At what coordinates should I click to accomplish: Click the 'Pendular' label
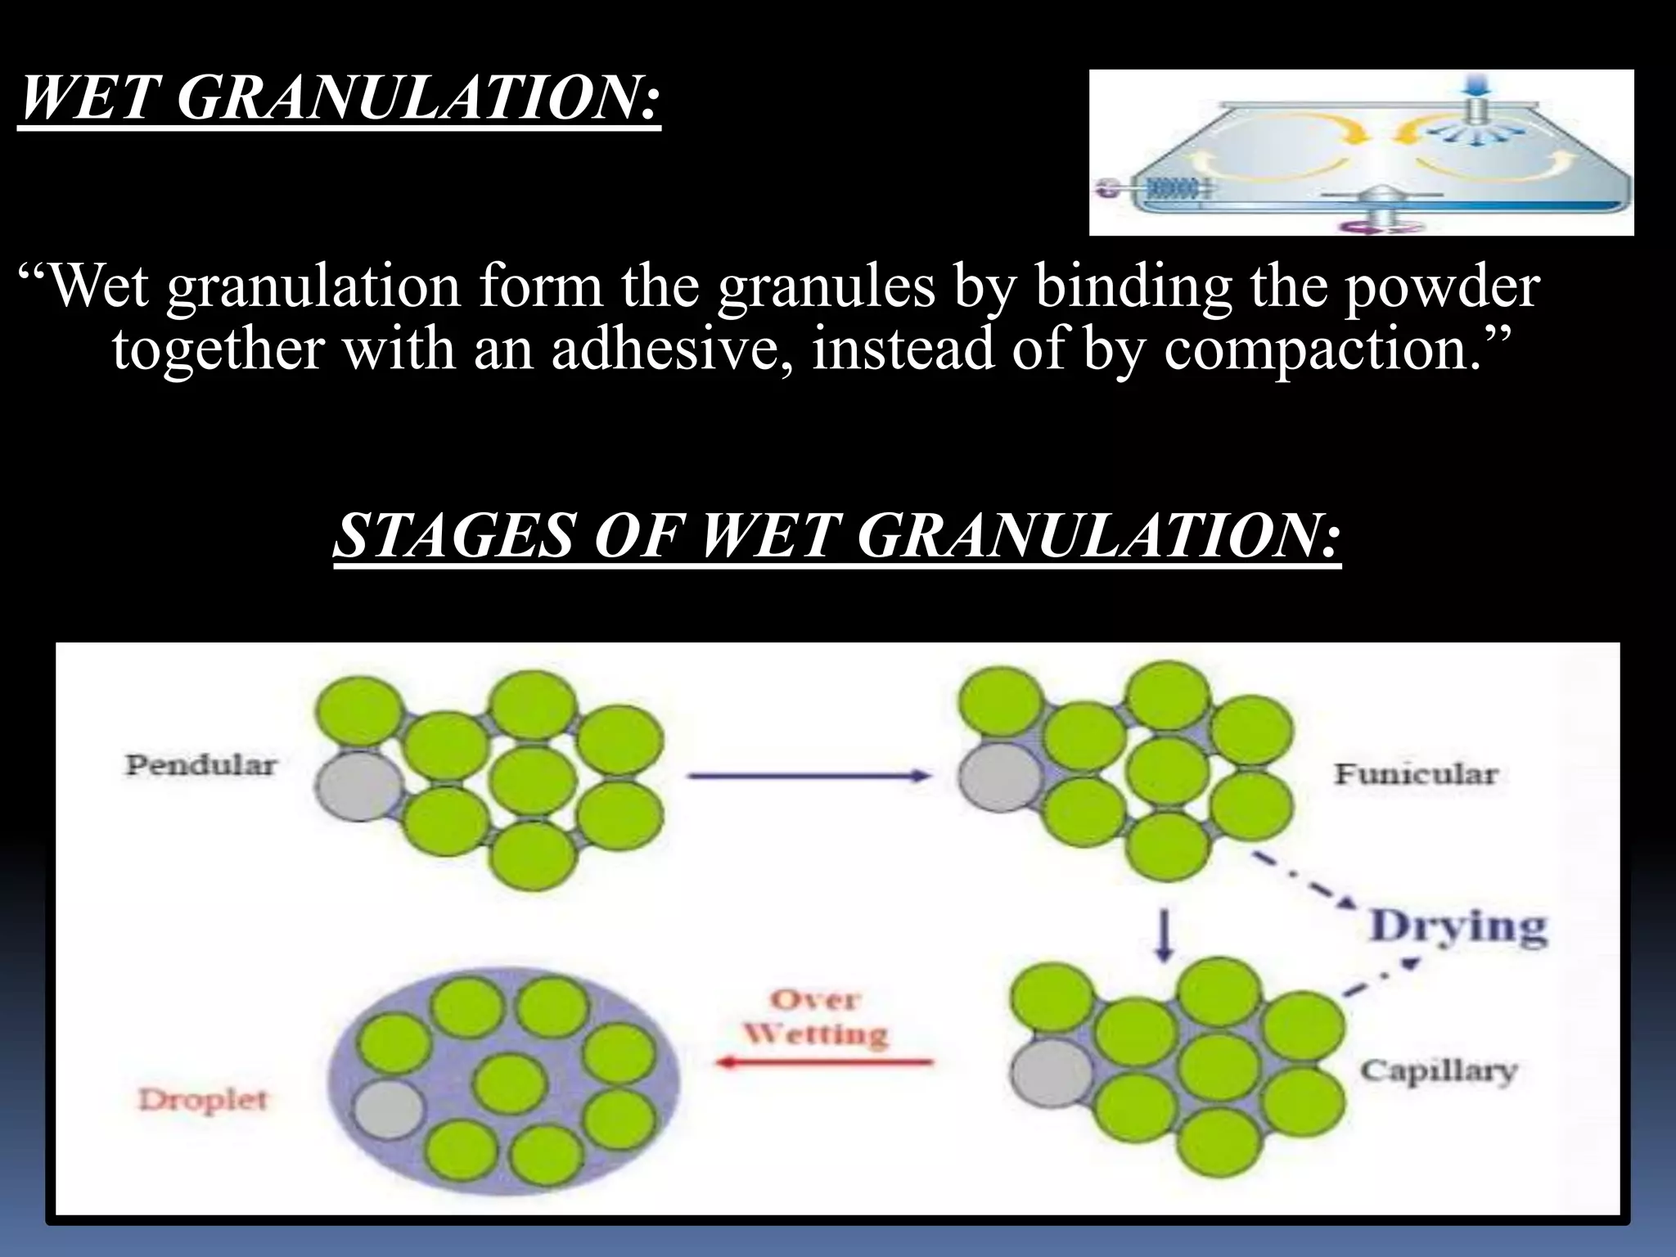point(200,765)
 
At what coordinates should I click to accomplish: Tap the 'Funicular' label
point(1416,773)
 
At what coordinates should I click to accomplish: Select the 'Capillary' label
point(1439,1070)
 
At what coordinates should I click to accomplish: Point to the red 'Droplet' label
point(202,1099)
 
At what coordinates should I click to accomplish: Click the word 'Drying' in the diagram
point(1458,926)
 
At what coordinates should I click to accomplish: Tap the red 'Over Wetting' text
point(815,1017)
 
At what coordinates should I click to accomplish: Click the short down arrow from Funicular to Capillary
point(1165,937)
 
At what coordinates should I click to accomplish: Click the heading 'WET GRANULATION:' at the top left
point(339,101)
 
